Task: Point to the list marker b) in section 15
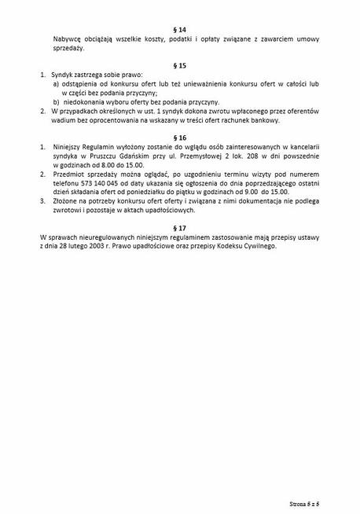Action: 57,102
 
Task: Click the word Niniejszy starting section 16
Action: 70,147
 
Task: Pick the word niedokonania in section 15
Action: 85,102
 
